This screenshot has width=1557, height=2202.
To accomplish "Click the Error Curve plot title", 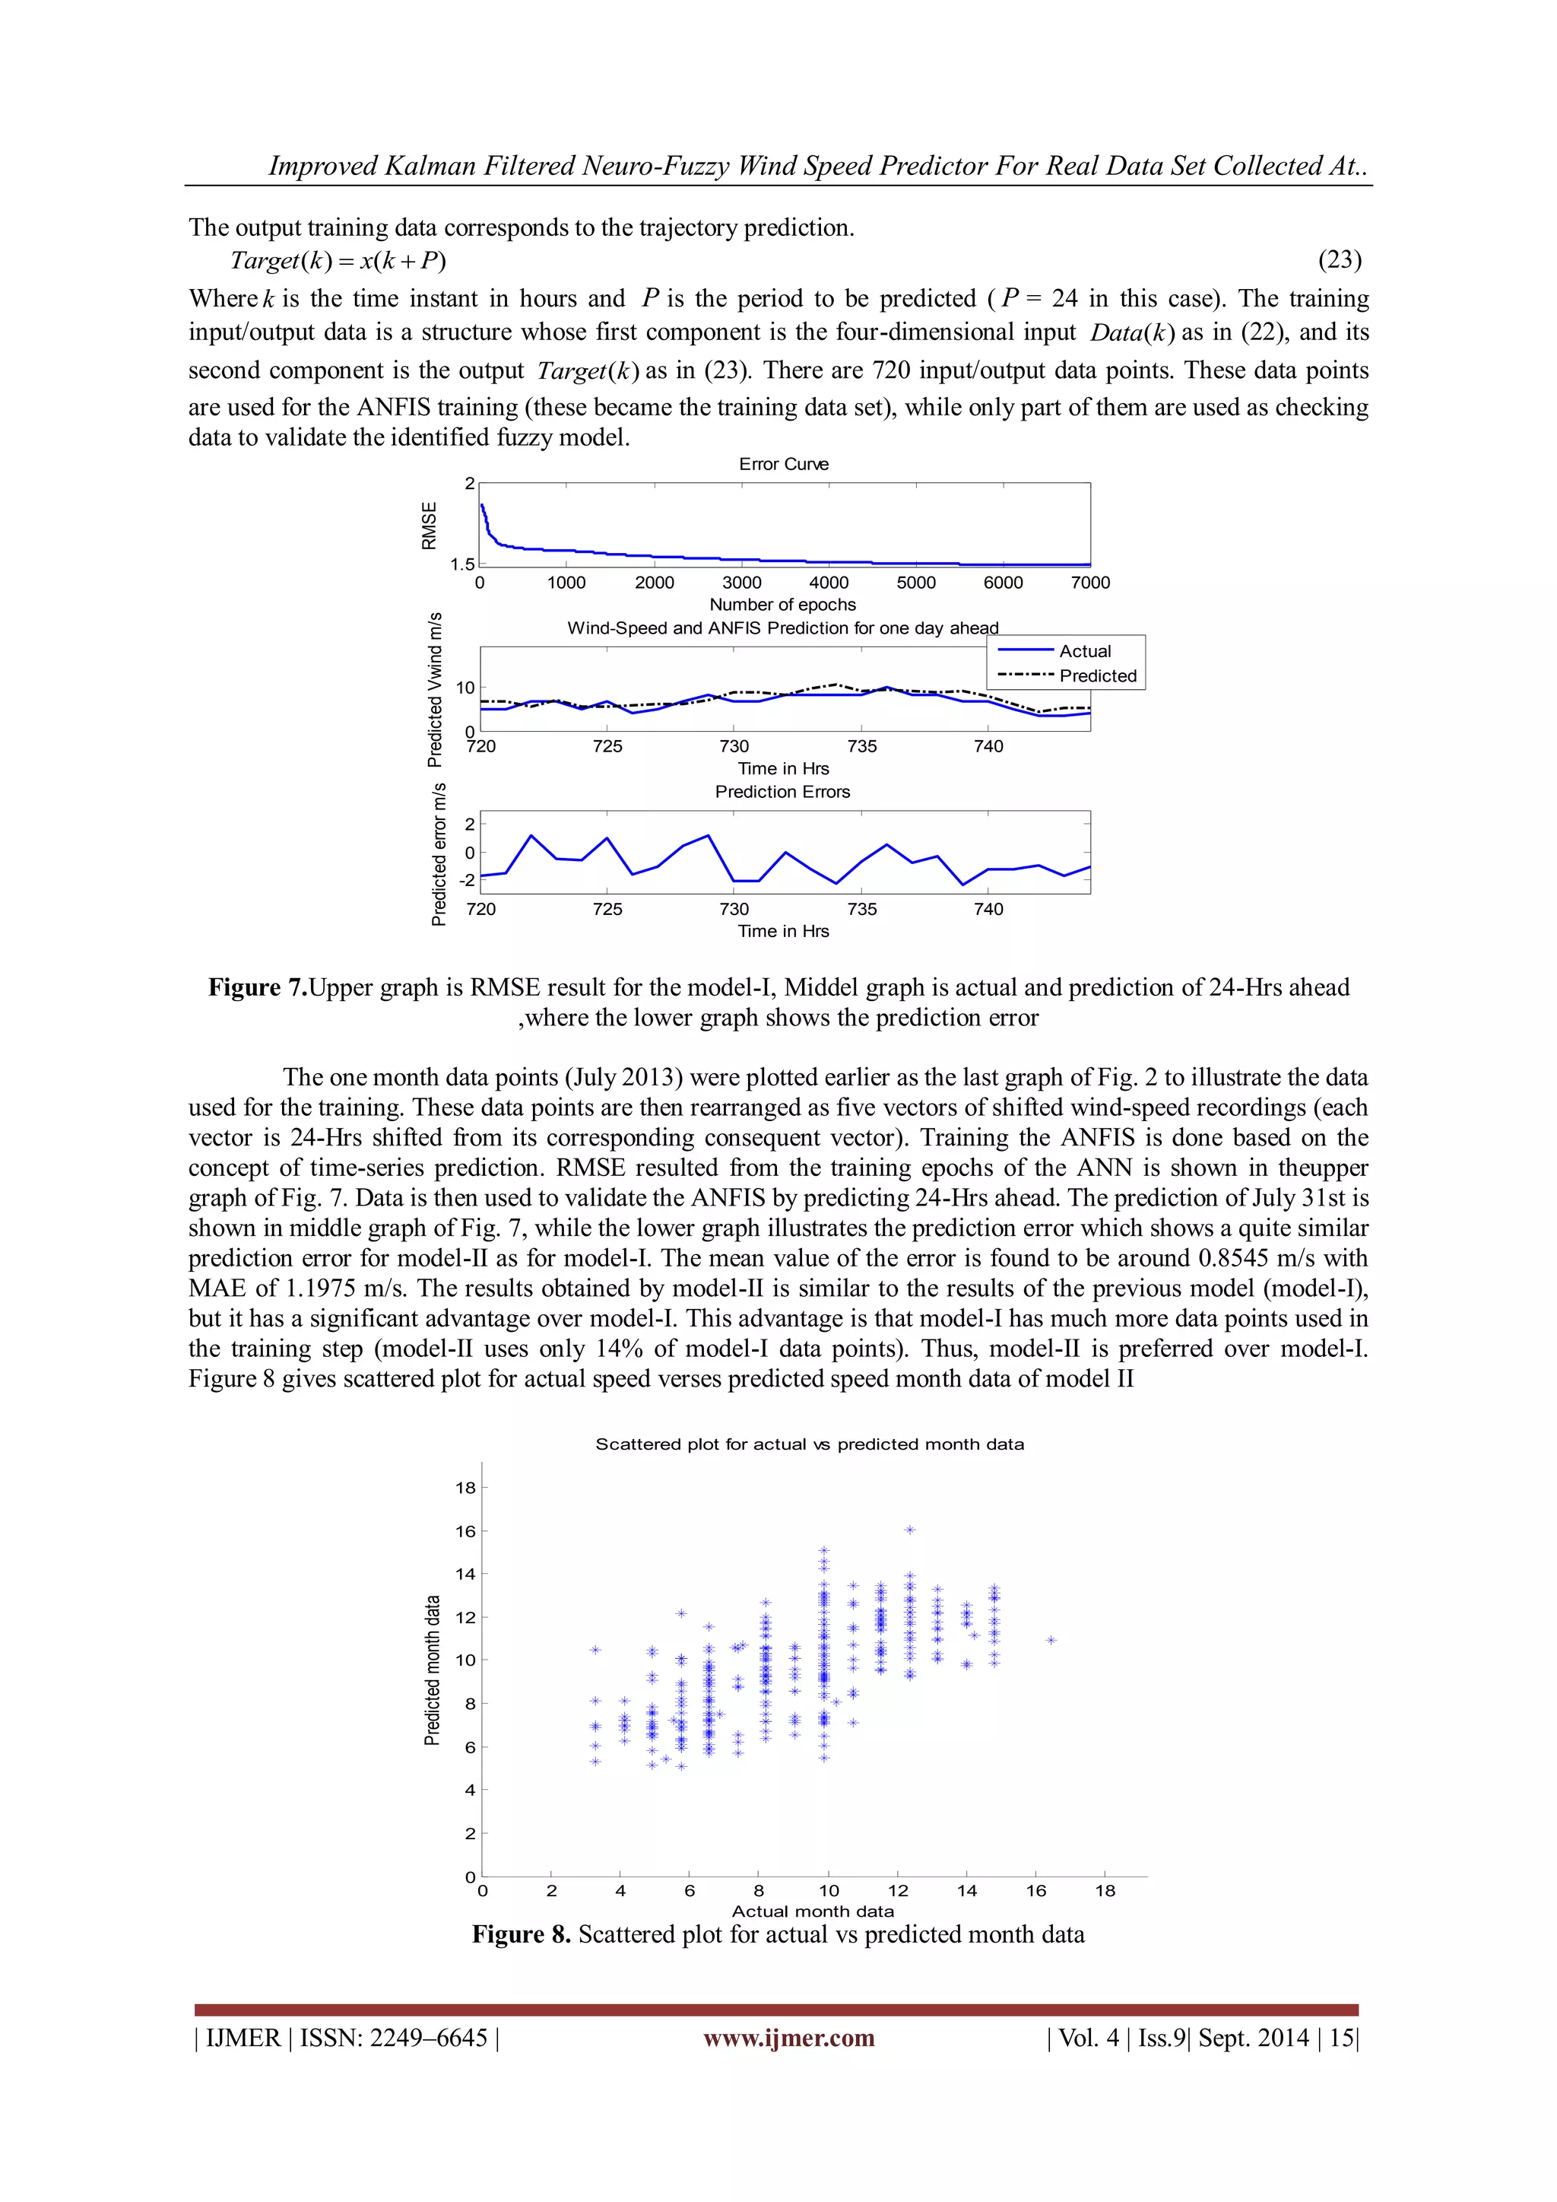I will [x=783, y=464].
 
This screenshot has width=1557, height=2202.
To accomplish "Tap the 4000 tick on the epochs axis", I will [x=829, y=582].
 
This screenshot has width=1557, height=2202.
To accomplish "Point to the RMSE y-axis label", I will [x=430, y=526].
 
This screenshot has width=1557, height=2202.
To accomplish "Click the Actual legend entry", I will [x=1084, y=651].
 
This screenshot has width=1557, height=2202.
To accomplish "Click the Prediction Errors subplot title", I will [x=782, y=791].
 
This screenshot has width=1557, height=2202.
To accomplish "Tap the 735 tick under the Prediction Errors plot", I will [x=861, y=909].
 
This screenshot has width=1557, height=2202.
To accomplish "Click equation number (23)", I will [x=1340, y=260].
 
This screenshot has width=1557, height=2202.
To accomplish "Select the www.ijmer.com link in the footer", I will [x=788, y=2037].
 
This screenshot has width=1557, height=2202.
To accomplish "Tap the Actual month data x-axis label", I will [x=812, y=1911].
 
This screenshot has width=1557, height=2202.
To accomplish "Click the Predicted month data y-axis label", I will [x=433, y=1670].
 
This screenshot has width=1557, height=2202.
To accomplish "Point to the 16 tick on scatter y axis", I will [x=465, y=1532].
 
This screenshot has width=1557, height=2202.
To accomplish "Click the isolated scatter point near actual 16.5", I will [x=1051, y=1640].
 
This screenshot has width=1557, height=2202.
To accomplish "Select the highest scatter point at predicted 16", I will [x=910, y=1530].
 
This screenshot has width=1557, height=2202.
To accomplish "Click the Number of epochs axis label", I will [x=782, y=604].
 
